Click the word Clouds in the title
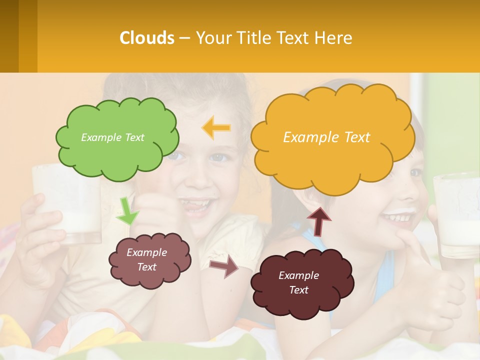coord(147,38)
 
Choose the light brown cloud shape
coord(149,260)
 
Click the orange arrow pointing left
coord(216,128)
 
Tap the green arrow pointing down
coord(127,212)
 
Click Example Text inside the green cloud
coord(112,137)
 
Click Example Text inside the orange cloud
coord(326,137)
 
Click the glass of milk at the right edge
coord(456,215)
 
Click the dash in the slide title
coord(184,38)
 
